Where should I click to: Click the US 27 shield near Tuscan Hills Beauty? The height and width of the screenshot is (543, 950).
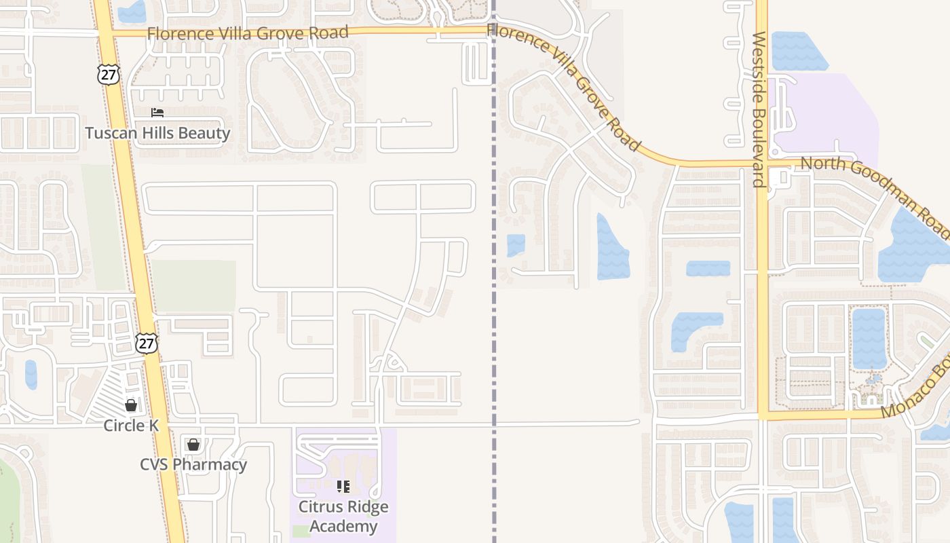point(108,74)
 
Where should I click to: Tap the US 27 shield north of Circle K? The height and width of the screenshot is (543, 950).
point(146,343)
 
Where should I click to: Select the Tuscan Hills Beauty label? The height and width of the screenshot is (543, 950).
point(157,133)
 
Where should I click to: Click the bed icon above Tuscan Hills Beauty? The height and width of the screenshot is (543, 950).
point(157,113)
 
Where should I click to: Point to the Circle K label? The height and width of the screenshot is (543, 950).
point(131,426)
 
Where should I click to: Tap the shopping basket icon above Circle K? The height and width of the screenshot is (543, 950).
point(131,405)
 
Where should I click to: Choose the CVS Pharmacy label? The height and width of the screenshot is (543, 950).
point(193,465)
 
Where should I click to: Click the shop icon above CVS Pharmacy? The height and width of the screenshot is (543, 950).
point(193,445)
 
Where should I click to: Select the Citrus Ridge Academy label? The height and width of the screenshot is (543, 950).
point(343,517)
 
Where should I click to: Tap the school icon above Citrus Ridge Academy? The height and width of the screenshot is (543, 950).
point(343,487)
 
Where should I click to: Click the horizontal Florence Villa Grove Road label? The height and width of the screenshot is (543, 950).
point(248,33)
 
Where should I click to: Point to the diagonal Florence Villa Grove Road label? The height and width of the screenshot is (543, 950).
point(563,86)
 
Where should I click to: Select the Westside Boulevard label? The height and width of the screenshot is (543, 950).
point(759,109)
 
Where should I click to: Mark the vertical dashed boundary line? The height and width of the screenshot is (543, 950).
point(494,305)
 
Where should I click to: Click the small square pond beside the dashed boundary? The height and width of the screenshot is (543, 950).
point(516,245)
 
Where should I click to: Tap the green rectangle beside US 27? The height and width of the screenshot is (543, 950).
point(193,286)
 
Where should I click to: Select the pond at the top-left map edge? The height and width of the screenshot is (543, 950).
point(132,11)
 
